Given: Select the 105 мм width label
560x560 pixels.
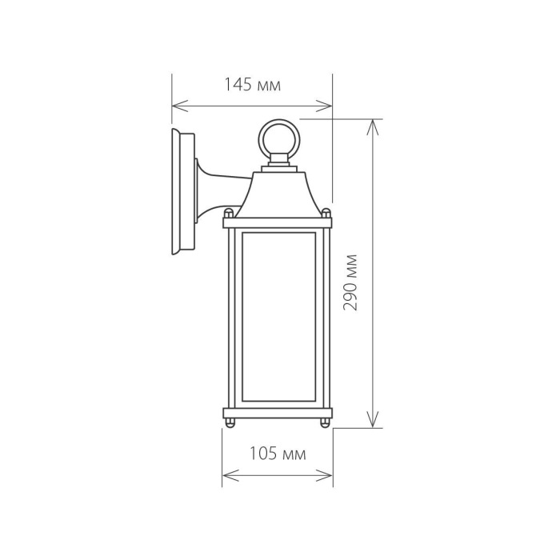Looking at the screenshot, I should [277, 455].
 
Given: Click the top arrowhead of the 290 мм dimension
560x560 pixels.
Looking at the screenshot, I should [372, 125].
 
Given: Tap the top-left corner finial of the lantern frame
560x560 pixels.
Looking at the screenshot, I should [229, 214].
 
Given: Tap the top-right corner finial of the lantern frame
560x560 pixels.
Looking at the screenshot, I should [326, 214].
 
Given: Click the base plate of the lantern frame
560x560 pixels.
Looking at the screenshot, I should [277, 413].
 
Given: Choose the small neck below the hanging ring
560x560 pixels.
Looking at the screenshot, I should [278, 162].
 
